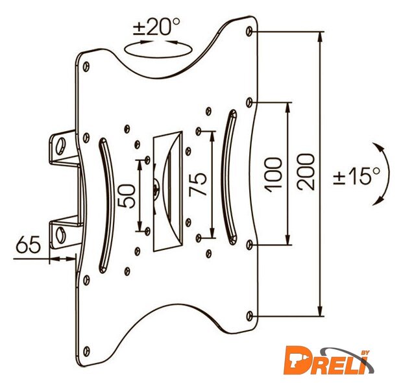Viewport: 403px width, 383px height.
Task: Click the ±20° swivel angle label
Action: [156, 27]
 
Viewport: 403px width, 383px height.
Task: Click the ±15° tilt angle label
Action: [356, 175]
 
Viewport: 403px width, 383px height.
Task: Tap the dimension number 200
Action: [306, 172]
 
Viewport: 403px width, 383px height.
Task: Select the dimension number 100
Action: [273, 175]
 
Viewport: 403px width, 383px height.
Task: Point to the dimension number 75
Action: [198, 184]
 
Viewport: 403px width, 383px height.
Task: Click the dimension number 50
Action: [126, 195]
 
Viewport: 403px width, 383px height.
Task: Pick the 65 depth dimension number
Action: [29, 244]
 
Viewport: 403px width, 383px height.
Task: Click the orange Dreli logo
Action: [329, 359]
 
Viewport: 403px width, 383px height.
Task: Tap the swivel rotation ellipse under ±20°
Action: [158, 49]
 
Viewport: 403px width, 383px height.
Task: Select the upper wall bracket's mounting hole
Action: [61, 147]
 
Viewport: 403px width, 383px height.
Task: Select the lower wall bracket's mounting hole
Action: [61, 235]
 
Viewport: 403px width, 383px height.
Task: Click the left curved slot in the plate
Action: [106, 205]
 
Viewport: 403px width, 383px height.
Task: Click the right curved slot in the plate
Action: [230, 177]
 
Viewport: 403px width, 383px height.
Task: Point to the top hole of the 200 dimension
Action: [249, 31]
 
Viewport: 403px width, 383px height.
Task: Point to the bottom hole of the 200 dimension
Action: [249, 316]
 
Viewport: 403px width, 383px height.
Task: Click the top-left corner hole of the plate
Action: [86, 67]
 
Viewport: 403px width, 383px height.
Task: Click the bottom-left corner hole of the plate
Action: [86, 351]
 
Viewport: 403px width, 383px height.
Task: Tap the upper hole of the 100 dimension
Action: [249, 103]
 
